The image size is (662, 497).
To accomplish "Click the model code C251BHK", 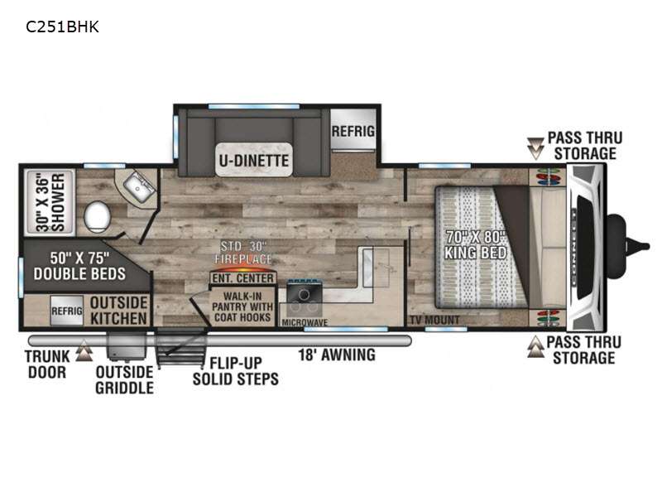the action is point(63,27).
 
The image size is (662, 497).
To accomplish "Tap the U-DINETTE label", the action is point(254,161).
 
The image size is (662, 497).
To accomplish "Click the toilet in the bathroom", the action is point(97,217).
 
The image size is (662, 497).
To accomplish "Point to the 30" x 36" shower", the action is point(50,202).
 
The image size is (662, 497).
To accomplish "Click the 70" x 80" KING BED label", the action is point(475,244).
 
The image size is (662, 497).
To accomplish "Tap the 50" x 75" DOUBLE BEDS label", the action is point(79,266).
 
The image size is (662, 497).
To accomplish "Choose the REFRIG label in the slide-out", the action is point(353,131).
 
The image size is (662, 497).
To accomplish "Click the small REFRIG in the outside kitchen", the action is point(67,311).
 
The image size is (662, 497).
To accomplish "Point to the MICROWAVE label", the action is point(305,322).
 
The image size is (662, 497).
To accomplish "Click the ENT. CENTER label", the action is point(242,278).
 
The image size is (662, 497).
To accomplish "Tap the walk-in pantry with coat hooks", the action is point(242,306).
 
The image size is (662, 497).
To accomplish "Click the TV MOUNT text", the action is point(435,320).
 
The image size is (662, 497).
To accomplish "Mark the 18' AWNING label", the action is point(337,355).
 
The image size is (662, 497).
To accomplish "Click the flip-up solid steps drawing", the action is point(180,347).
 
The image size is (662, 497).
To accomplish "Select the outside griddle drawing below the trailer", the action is point(126,345).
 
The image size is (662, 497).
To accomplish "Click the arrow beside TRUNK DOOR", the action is point(84,350).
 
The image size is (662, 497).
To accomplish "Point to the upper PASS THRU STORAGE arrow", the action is point(535,148).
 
